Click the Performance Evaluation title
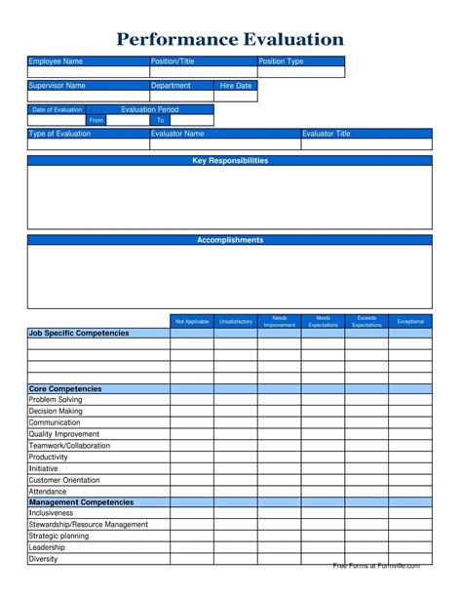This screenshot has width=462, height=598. (x=230, y=40)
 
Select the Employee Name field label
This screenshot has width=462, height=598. (x=56, y=61)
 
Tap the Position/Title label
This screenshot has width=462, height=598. (x=173, y=61)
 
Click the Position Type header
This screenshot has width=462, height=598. (x=282, y=61)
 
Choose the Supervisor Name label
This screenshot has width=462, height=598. (x=58, y=86)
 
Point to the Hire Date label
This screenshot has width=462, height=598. (x=236, y=86)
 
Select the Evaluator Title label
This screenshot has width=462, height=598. (x=327, y=134)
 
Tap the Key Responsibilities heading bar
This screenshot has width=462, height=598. (x=230, y=161)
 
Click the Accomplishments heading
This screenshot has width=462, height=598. (x=230, y=240)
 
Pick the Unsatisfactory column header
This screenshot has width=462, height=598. (x=236, y=321)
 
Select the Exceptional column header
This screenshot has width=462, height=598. (x=410, y=321)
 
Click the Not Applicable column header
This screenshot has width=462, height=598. (x=192, y=321)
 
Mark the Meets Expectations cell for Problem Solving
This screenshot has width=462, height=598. (x=323, y=400)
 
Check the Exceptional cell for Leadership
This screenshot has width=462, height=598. (x=410, y=548)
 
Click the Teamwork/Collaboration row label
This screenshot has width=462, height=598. (x=69, y=446)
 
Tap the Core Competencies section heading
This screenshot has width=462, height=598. (x=65, y=388)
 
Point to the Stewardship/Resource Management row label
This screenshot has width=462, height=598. (x=89, y=525)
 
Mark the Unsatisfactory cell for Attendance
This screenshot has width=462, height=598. (x=236, y=491)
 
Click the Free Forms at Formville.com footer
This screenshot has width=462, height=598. (x=376, y=566)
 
